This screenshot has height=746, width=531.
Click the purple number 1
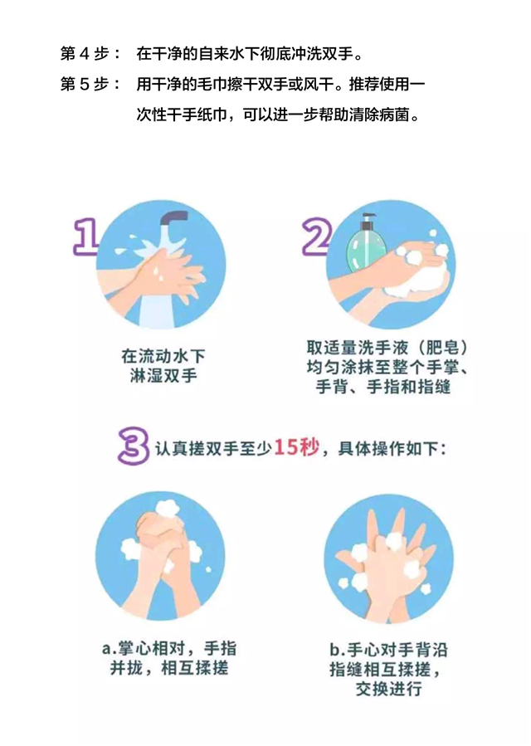(x=86, y=236)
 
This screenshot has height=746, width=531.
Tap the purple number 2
(x=317, y=236)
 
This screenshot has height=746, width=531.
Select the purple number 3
(x=134, y=446)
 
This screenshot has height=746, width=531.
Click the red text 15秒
(x=296, y=447)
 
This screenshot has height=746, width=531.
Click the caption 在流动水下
(x=163, y=356)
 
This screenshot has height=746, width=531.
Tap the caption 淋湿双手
(x=163, y=376)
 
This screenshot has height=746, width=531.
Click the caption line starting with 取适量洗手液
(x=387, y=348)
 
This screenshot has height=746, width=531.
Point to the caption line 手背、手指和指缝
(x=383, y=387)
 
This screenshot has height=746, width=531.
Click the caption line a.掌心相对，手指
(x=169, y=648)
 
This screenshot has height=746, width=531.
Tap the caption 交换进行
(x=389, y=689)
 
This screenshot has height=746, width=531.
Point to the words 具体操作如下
(x=388, y=448)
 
